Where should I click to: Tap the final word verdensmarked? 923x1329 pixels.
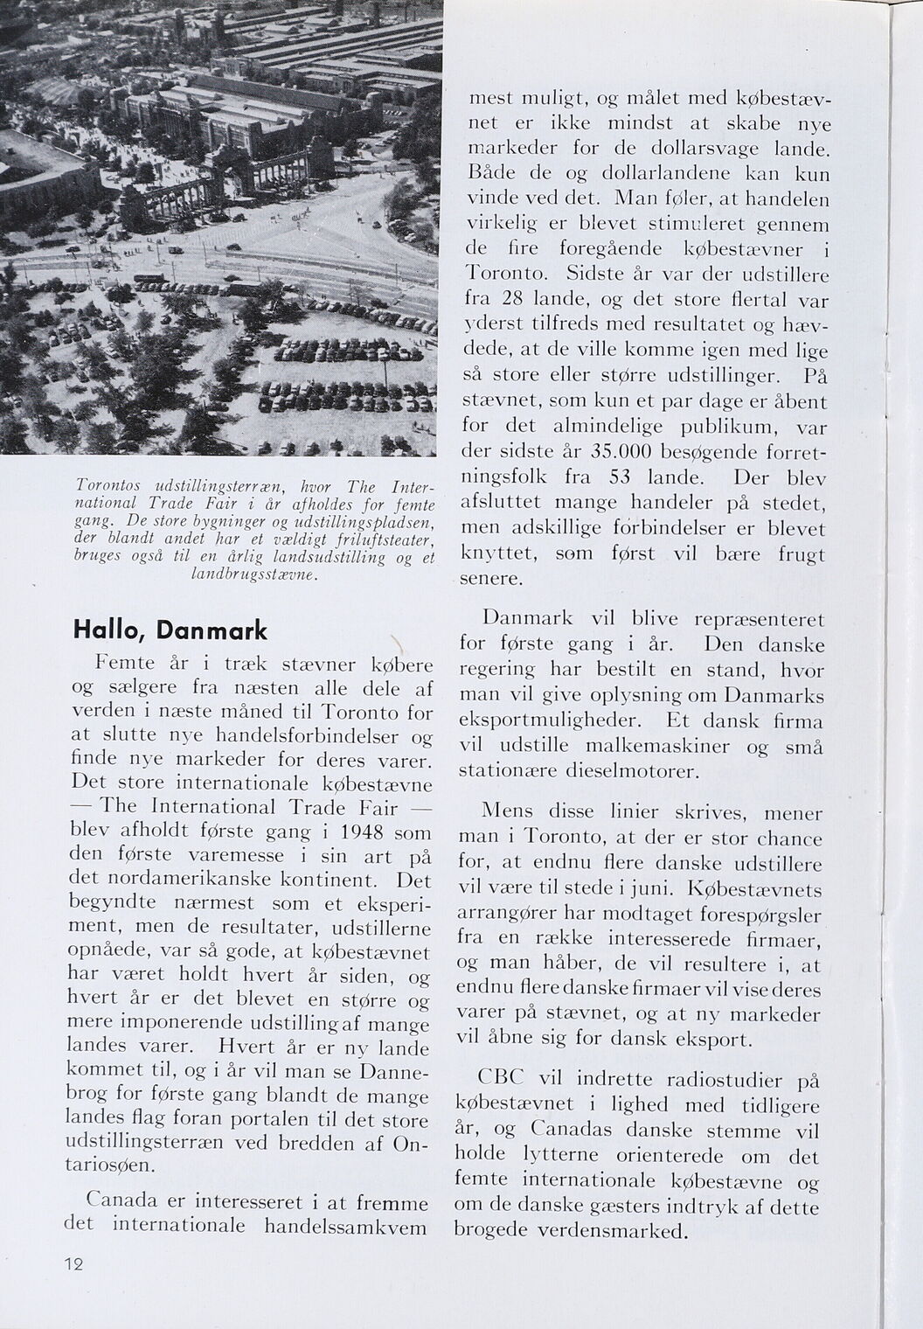click(x=621, y=1230)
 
